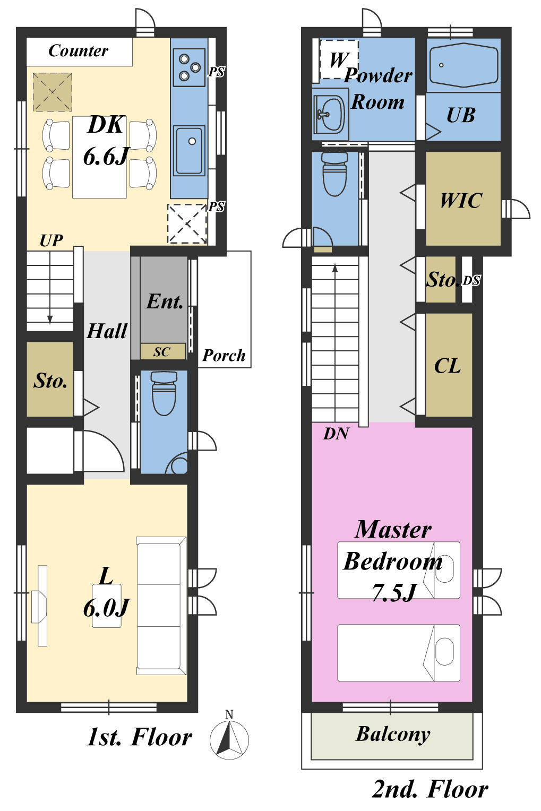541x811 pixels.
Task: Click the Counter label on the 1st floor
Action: pos(78,51)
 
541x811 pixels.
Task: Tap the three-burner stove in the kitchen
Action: pos(189,67)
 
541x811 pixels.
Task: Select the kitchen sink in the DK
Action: pos(189,151)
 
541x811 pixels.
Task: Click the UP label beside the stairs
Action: pos(51,241)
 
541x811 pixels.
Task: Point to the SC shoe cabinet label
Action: pos(162,351)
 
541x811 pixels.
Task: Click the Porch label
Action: pos(224,355)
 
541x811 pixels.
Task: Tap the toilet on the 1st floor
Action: pos(164,393)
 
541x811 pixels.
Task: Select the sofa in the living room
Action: pos(161,606)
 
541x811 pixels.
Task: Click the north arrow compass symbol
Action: pos(229,739)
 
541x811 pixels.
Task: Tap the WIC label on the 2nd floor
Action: pos(461,200)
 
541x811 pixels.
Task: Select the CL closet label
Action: pos(448,366)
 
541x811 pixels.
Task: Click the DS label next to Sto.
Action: pos(471,280)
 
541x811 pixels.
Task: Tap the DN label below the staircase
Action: pos(337,434)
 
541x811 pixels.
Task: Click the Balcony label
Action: pos(393,734)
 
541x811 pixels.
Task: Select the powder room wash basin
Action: pos(329,115)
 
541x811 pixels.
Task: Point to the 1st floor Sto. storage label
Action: pos(50,381)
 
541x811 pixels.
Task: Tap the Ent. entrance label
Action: pos(165,301)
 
